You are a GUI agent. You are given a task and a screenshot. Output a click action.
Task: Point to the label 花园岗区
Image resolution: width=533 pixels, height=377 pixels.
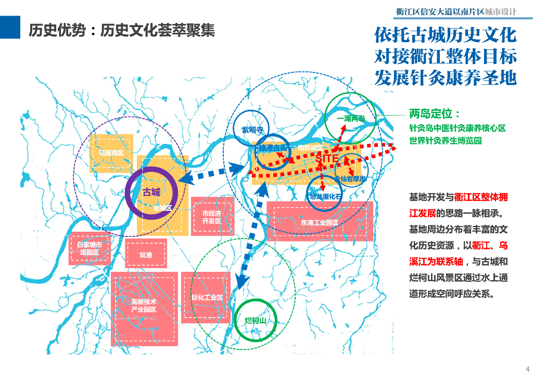tap(111, 153)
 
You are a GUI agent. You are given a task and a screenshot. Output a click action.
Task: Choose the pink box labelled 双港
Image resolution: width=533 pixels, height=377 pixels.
tap(146, 255)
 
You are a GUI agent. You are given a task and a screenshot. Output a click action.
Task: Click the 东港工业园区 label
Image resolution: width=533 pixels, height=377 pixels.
tap(320, 222)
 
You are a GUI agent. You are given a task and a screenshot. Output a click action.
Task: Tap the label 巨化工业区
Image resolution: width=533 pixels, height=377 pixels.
tap(207, 297)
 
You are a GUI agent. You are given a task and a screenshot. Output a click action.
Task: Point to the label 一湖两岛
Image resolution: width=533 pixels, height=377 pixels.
tap(350, 119)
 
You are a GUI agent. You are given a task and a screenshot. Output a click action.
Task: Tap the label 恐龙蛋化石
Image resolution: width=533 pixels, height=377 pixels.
tap(325, 197)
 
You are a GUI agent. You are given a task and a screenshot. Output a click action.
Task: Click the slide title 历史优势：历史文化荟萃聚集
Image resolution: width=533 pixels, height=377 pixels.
tap(121, 31)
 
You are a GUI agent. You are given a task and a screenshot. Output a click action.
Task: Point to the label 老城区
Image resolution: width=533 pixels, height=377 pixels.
tap(162, 208)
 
